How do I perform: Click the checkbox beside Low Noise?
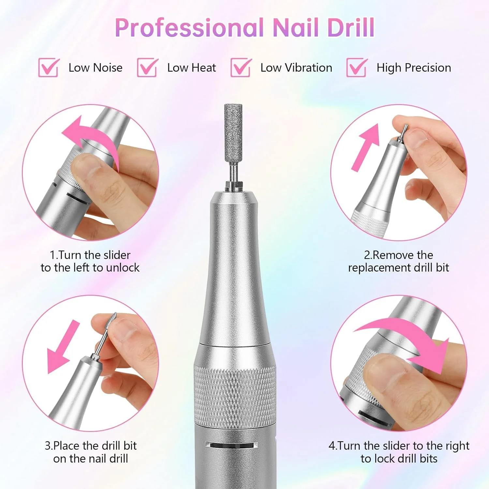(x=49, y=67)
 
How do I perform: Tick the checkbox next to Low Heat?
(x=147, y=67)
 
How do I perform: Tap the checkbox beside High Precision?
(x=357, y=67)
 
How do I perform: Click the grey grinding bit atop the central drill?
(x=233, y=134)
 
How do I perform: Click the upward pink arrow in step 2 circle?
(x=364, y=147)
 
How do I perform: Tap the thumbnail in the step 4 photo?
(x=383, y=368)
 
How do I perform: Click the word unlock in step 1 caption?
(x=123, y=268)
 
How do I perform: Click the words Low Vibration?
(x=296, y=67)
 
